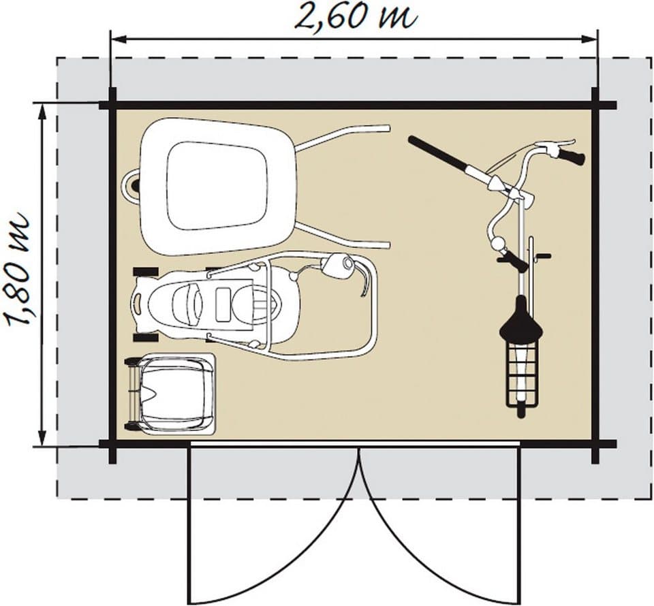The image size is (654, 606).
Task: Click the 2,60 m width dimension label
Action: point(356,16)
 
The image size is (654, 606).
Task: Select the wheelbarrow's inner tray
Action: point(217,186)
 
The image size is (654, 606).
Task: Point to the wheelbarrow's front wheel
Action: point(133,185)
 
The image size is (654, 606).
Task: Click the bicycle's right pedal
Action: point(543,255)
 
